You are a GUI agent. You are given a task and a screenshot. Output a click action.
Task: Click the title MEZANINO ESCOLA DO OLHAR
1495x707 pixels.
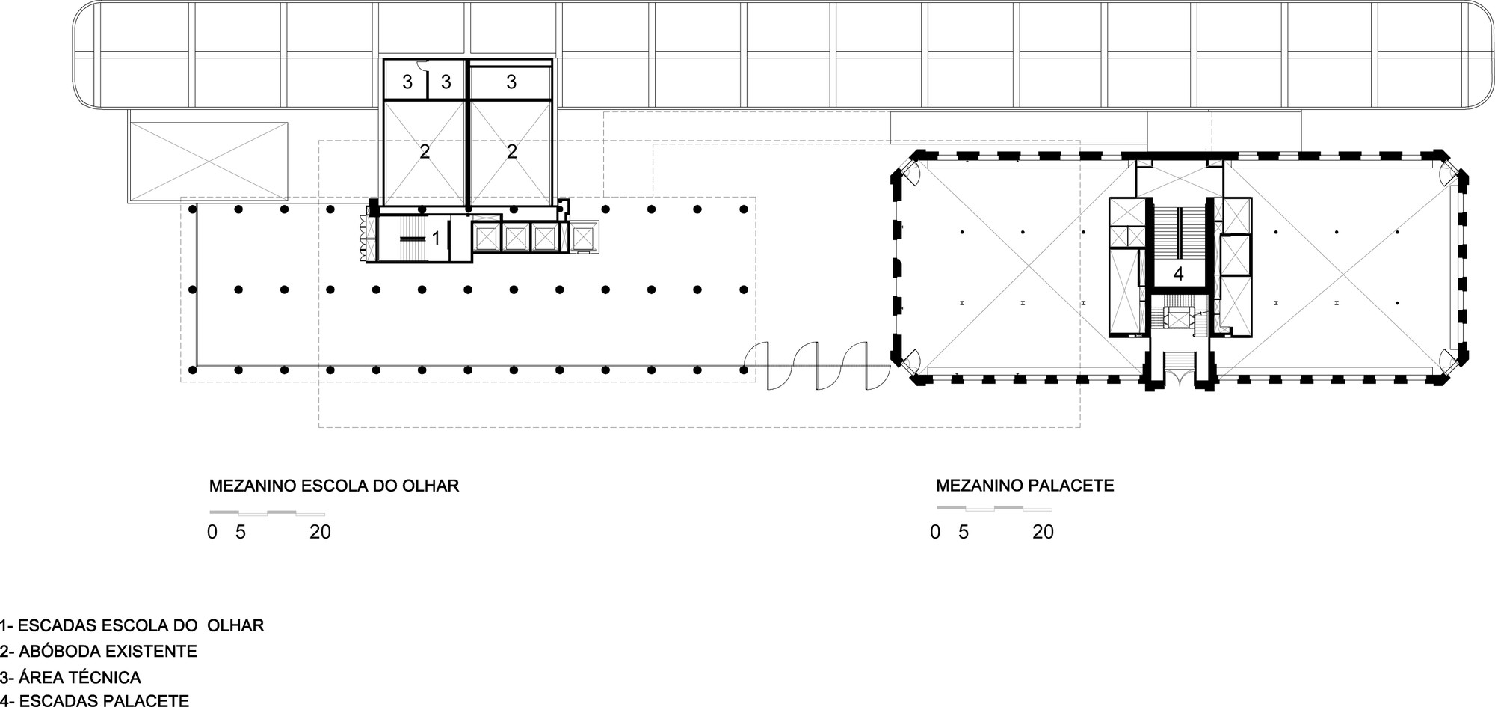tap(333, 486)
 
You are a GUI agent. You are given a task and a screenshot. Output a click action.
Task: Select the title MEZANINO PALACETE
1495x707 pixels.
tap(1025, 486)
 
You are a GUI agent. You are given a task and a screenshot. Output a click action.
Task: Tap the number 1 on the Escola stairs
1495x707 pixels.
tap(436, 239)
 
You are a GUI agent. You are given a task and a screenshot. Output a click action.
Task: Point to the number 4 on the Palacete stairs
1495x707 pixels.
tap(1178, 274)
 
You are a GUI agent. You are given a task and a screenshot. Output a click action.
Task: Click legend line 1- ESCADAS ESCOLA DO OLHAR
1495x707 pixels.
tap(132, 625)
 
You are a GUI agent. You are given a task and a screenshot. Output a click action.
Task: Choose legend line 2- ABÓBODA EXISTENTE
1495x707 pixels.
tap(99, 651)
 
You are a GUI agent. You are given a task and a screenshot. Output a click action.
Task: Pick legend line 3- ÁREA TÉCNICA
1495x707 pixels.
tap(71, 677)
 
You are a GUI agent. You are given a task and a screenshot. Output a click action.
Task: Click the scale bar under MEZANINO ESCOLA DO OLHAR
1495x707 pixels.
tap(267, 513)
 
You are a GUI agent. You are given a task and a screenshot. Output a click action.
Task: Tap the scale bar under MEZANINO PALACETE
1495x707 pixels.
tap(994, 509)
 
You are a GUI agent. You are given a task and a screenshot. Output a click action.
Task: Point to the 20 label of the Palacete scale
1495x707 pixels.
tap(1043, 532)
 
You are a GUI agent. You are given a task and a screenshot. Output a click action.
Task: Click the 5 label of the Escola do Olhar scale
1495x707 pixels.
tap(241, 532)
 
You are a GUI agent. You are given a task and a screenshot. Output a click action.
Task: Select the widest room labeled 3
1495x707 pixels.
tap(511, 82)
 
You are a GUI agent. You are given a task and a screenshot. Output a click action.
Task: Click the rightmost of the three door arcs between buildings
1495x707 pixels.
tap(866, 366)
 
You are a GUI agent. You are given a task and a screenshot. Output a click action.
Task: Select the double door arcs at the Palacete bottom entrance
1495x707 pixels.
tap(1179, 379)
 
